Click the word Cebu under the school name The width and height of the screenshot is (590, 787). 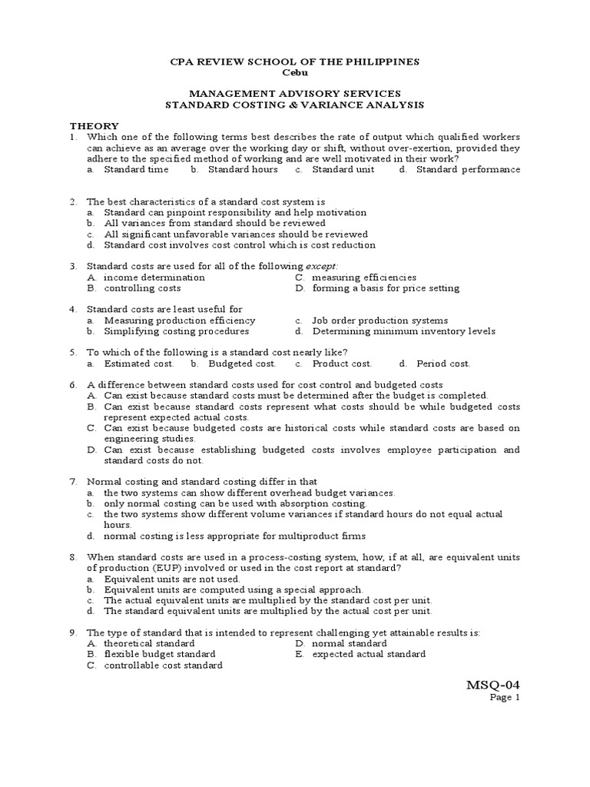(x=295, y=72)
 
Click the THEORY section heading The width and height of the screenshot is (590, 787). (x=94, y=125)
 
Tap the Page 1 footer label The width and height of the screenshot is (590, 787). (x=506, y=698)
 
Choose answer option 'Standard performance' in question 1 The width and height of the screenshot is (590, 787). (x=468, y=169)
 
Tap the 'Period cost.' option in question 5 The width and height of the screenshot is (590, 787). (x=443, y=364)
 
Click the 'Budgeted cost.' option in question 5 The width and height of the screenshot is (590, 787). (x=242, y=364)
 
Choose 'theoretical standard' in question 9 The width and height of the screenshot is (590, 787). (x=149, y=643)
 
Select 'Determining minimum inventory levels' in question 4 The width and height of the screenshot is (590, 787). (x=403, y=331)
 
